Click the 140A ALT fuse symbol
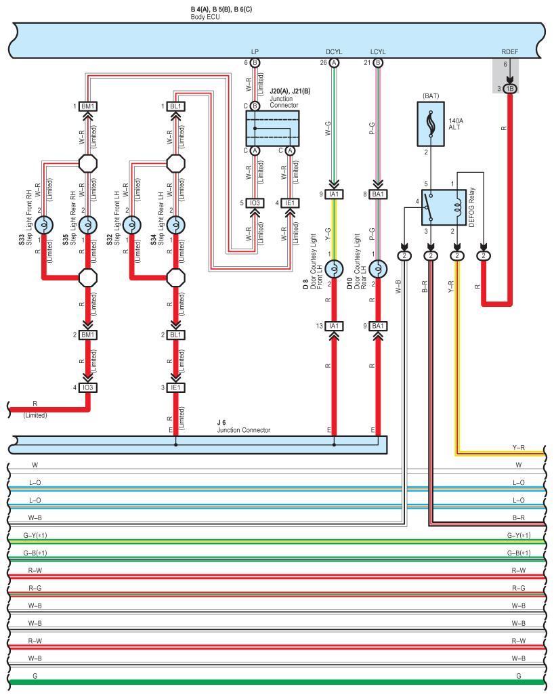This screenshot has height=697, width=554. (430, 124)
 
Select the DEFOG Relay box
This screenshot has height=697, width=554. (444, 207)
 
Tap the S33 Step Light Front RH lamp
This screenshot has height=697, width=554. (44, 225)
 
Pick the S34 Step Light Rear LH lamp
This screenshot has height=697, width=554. (176, 225)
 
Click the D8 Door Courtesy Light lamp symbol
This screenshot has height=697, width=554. (334, 269)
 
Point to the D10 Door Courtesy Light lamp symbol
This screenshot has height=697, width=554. (378, 269)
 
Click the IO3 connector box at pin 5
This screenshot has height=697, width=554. (255, 203)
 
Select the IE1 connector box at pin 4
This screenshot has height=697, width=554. (290, 203)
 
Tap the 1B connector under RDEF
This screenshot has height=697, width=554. (510, 89)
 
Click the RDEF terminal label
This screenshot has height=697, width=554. (509, 52)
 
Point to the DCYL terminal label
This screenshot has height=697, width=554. (334, 52)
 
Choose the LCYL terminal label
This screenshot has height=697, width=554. (378, 52)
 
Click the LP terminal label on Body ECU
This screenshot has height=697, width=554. (255, 52)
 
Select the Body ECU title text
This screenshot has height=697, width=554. (205, 17)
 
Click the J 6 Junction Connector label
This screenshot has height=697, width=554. (244, 426)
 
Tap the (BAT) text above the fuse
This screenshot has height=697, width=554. (431, 96)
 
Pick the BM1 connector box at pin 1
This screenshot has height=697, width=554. (88, 106)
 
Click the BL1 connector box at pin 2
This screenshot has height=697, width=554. (176, 335)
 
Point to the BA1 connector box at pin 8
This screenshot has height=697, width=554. (378, 194)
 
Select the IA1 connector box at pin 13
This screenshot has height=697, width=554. (334, 326)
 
